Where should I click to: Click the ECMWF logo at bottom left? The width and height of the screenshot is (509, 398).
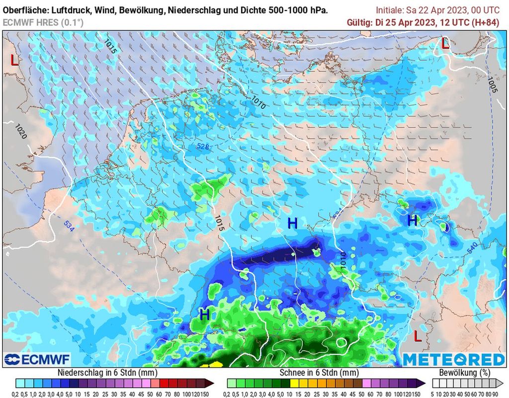pyautogui.click(x=37, y=359)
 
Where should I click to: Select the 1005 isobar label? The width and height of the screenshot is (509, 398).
pyautogui.click(x=492, y=85)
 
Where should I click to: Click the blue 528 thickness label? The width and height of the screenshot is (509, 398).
pyautogui.click(x=202, y=146)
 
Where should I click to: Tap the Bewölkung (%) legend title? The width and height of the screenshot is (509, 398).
pyautogui.click(x=464, y=373)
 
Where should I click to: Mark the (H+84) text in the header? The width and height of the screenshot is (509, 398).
pyautogui.click(x=487, y=22)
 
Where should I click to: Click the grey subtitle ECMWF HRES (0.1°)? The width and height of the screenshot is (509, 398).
pyautogui.click(x=43, y=22)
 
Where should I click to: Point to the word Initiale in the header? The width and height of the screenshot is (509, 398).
pyautogui.click(x=391, y=10)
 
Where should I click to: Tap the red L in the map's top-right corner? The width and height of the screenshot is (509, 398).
pyautogui.click(x=445, y=43)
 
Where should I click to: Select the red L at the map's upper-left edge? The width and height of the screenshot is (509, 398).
pyautogui.click(x=15, y=61)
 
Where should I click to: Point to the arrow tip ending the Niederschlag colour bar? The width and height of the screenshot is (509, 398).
pyautogui.click(x=212, y=383)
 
